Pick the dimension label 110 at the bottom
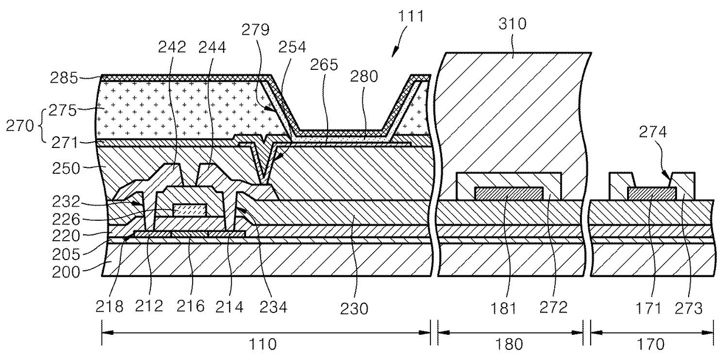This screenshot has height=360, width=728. [265, 345]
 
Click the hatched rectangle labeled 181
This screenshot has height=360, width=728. [508, 193]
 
